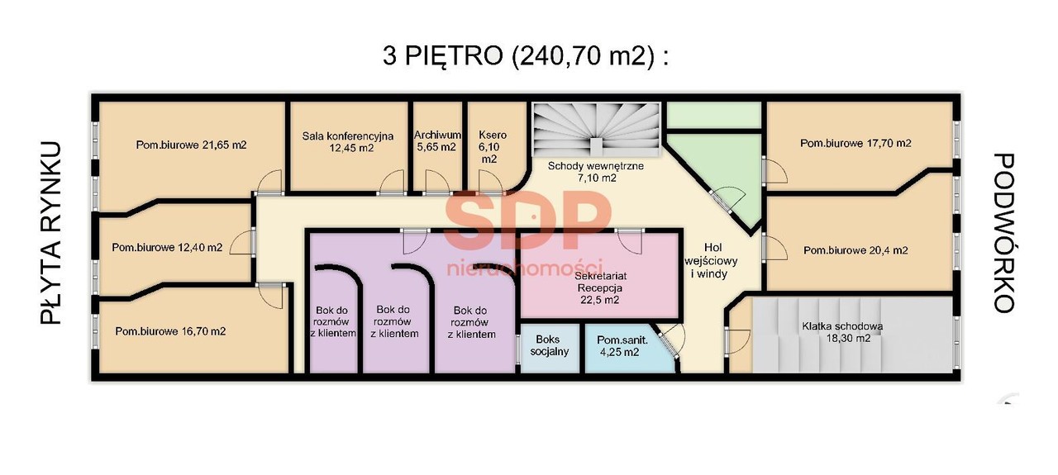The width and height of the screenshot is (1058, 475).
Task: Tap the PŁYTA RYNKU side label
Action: (x=51, y=233)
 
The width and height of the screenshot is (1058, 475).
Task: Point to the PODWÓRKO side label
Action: (x=1003, y=233)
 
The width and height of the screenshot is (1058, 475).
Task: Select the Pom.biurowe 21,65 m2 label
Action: (x=191, y=145)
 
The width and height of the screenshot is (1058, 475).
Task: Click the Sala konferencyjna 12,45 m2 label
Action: (x=348, y=141)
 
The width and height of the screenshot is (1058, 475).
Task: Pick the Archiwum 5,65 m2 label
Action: (x=437, y=140)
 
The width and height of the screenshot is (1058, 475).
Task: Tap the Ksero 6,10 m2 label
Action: (x=492, y=147)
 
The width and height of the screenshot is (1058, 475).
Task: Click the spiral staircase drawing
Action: (x=596, y=129)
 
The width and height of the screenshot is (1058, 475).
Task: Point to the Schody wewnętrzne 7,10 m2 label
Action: (x=596, y=172)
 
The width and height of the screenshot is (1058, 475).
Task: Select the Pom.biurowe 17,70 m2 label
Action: (x=855, y=143)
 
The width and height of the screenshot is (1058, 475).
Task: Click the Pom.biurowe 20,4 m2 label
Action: (x=855, y=250)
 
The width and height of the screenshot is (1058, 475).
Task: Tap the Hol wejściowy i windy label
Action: (x=711, y=261)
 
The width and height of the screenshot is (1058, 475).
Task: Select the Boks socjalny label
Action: (x=549, y=345)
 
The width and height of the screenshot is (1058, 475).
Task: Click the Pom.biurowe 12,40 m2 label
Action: (x=167, y=248)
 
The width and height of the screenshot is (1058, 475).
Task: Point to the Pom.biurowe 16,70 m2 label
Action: (x=170, y=331)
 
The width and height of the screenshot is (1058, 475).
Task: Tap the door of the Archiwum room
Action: (x=437, y=183)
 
